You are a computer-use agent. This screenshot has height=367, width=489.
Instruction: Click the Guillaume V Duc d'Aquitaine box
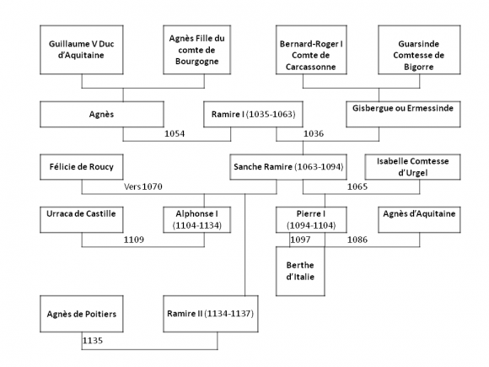point(82,50)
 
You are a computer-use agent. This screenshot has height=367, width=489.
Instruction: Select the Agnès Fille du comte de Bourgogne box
point(196,50)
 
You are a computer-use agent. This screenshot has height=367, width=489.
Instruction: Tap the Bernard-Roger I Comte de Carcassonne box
point(311,50)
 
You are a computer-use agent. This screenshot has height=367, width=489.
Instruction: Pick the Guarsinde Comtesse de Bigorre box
point(419,50)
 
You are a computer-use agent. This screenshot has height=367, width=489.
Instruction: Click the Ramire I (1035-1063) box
point(253,114)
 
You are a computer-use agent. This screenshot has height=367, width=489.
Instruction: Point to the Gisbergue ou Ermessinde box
point(403,114)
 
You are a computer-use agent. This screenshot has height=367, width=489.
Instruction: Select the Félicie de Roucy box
point(82,167)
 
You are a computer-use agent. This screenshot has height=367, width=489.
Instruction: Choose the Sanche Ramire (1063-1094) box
point(288,167)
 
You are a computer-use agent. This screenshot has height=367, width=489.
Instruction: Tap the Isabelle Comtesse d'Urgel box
point(412,167)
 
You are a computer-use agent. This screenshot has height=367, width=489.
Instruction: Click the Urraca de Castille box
point(82,219)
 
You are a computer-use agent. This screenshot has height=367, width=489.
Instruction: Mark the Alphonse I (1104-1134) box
point(196,219)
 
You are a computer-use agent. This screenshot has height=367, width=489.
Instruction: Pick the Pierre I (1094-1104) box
point(311,219)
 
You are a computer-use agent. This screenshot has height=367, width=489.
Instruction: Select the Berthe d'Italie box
point(300,271)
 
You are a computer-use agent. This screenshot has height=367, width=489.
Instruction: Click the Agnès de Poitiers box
point(82,314)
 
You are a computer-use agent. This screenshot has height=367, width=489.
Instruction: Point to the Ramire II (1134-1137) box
point(211,314)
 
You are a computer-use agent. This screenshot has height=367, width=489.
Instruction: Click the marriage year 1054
point(175,134)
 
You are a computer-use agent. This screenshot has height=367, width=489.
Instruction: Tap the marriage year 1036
point(314,134)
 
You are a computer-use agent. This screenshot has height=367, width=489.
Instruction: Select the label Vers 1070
point(143,186)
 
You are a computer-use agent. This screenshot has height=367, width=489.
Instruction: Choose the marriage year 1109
point(134,240)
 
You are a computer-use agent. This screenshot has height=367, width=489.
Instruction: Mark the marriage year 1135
point(93,341)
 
